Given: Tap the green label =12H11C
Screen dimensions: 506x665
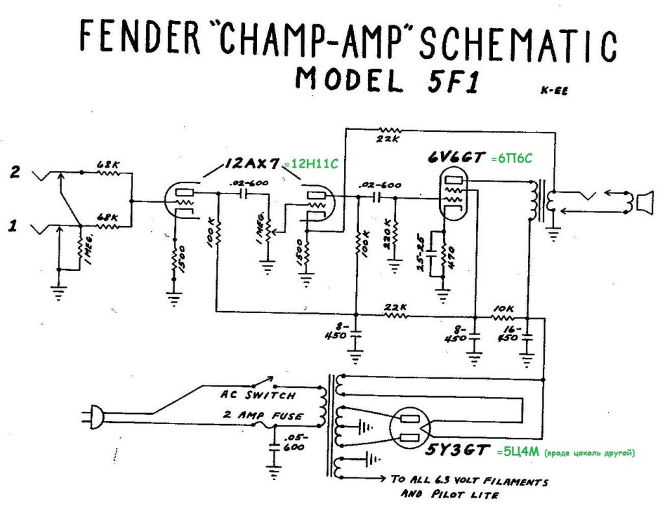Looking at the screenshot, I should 310,165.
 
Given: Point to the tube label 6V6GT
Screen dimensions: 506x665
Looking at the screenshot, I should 455,157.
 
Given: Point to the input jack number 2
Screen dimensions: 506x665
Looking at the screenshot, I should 15,173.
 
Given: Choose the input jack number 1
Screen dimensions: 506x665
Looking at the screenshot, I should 12,227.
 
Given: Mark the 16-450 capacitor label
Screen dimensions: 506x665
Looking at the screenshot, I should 512,334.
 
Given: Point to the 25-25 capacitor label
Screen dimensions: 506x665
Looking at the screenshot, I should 421,252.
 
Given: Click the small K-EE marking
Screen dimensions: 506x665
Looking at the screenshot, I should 553,91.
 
